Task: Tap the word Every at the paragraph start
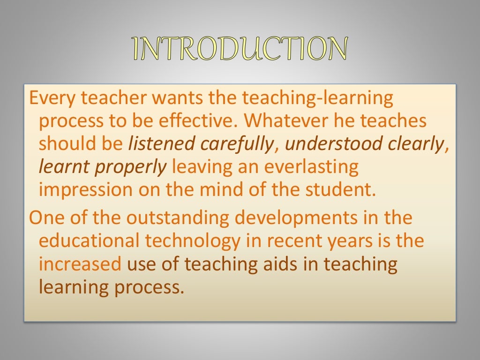pos(51,98)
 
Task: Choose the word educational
pos(89,241)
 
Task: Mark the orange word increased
pos(80,264)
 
